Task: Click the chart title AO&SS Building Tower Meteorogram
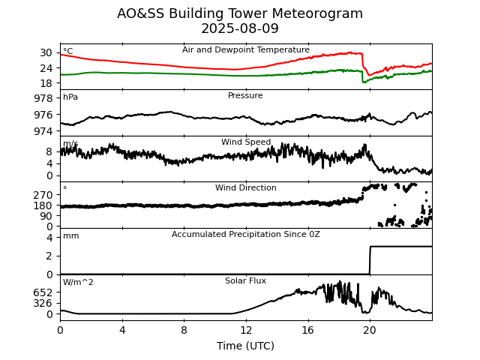tap(240, 13)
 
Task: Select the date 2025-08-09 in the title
tap(240, 29)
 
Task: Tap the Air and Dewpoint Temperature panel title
tap(245, 50)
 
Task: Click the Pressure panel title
tap(245, 96)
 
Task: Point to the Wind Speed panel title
tap(245, 142)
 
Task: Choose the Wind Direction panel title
tap(245, 188)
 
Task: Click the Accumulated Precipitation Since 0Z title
tap(245, 235)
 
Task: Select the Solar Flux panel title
tap(245, 281)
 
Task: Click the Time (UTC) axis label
tap(245, 346)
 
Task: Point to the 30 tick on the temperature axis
tap(46, 52)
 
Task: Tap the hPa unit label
tap(70, 97)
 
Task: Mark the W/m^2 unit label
tap(78, 283)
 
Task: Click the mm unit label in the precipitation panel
tap(70, 236)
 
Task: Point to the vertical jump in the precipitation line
tap(370, 259)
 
